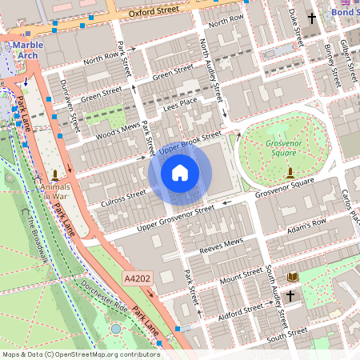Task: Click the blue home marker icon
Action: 180,173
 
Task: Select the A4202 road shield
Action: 136,278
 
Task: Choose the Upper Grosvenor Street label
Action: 175,216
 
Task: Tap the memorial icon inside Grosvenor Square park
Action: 289,173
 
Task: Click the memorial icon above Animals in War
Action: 54,174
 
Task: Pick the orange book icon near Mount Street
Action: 293,277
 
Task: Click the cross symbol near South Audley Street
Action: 290,297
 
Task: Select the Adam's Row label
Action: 308,227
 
